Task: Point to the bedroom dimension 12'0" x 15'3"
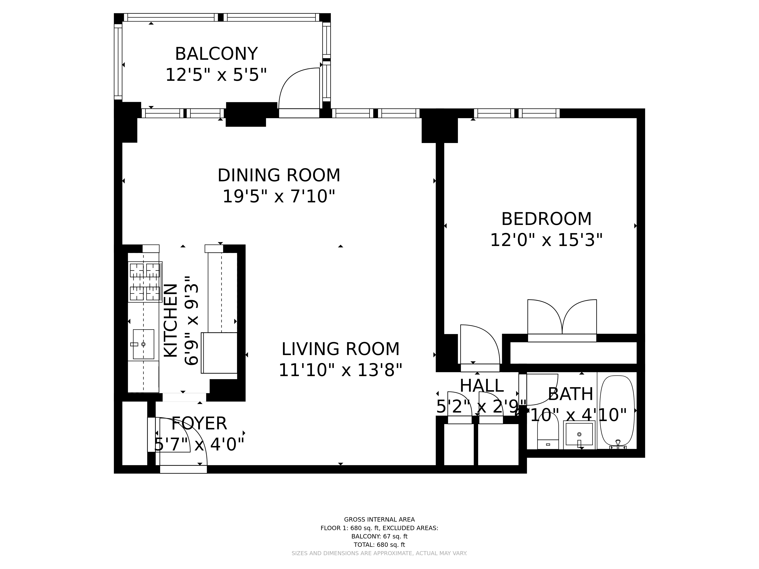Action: (546, 240)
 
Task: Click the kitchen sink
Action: (143, 344)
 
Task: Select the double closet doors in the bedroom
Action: (562, 317)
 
